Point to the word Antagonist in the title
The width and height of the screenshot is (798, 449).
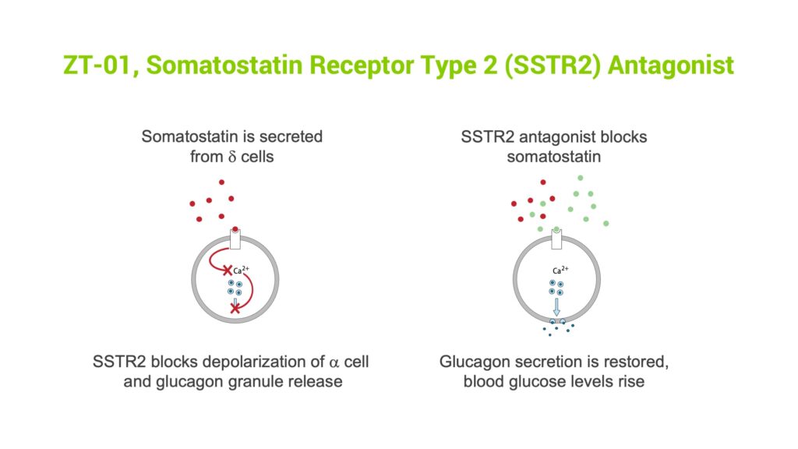tap(671, 65)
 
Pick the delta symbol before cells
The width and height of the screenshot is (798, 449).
tap(232, 157)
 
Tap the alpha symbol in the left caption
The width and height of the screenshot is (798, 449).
tap(334, 362)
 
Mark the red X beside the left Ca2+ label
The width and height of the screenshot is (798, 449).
tap(228, 270)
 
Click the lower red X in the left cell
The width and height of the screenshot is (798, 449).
tap(235, 309)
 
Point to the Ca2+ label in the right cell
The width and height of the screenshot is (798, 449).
tap(560, 270)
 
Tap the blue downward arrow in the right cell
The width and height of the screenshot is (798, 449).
tap(556, 307)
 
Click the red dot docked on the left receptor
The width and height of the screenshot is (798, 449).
tap(235, 230)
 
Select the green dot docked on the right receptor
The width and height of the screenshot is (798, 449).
tap(556, 230)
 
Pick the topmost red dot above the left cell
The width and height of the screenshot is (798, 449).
tap(221, 182)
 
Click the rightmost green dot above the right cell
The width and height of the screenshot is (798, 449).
tap(606, 224)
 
